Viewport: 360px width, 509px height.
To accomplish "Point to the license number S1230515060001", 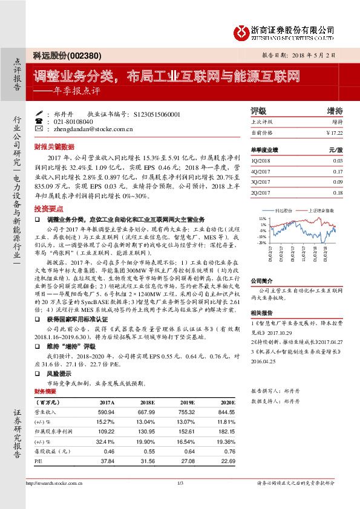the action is point(155,114).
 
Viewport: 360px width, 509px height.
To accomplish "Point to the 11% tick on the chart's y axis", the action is point(262,218).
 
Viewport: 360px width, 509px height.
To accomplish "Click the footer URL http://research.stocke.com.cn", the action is point(54,482).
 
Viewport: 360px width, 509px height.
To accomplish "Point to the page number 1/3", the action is point(180,482).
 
